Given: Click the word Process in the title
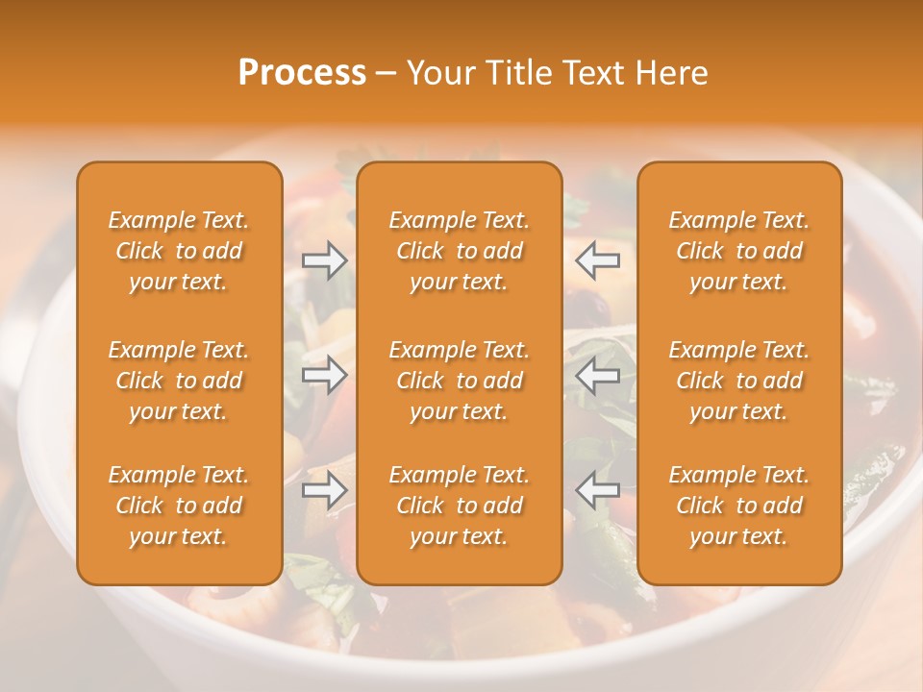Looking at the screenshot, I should click(302, 73).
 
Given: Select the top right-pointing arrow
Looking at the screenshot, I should click(325, 260).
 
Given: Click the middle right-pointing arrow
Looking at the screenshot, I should click(325, 376).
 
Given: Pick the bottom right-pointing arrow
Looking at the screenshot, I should click(325, 490).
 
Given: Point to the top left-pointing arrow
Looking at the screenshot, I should click(597, 260).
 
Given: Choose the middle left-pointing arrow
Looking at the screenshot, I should click(597, 376).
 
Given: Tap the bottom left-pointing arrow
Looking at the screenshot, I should click(597, 490).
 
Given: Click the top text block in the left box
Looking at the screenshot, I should click(179, 251).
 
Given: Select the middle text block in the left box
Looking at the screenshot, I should click(179, 381).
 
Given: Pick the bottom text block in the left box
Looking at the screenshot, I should click(179, 506).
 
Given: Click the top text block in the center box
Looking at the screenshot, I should click(459, 251).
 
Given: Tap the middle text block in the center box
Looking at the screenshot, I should click(459, 381).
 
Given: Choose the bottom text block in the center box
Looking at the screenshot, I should click(459, 506).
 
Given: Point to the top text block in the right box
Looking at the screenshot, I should click(739, 251).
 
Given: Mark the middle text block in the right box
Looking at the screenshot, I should click(739, 381).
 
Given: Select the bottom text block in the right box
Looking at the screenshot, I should click(739, 506).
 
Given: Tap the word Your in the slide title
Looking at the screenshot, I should click(439, 73).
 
